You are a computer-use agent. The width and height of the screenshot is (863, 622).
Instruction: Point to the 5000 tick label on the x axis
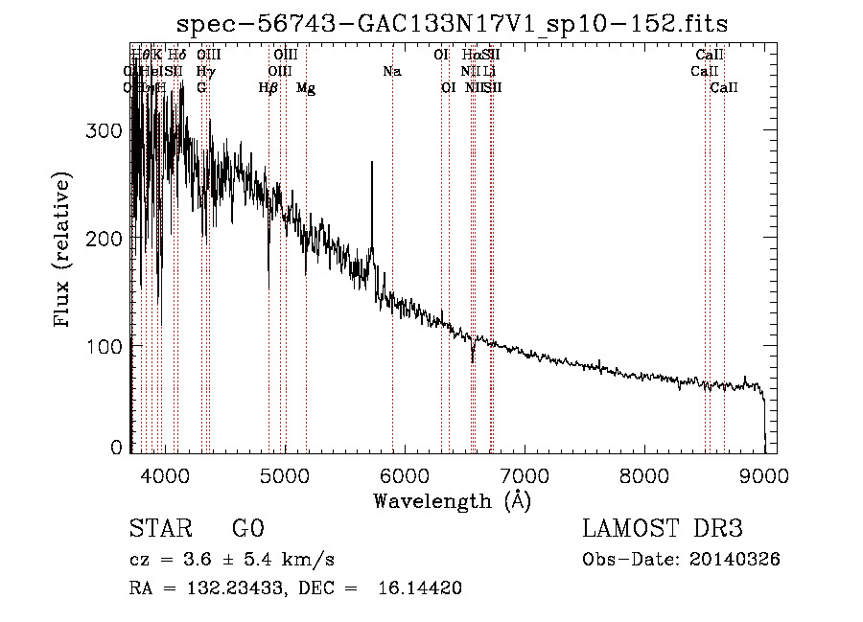pos(284,475)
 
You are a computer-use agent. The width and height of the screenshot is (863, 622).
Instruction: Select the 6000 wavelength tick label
pos(404,475)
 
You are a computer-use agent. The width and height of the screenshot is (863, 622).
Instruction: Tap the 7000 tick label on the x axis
pos(524,475)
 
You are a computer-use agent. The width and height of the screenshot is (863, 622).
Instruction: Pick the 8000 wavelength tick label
pos(643,475)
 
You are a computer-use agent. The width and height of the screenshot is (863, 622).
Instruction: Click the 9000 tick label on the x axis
pos(763,475)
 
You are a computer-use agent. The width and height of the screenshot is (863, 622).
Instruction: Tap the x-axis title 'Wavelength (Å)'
pos(452,500)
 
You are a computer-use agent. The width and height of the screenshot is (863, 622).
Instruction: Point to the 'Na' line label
pos(391,72)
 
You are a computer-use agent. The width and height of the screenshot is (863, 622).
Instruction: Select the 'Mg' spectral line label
pos(306,88)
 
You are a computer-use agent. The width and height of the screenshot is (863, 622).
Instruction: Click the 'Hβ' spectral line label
pos(268,88)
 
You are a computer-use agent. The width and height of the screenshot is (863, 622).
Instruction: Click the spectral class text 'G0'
pos(247,529)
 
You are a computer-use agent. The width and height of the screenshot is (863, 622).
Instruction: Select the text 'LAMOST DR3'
pos(663,529)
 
